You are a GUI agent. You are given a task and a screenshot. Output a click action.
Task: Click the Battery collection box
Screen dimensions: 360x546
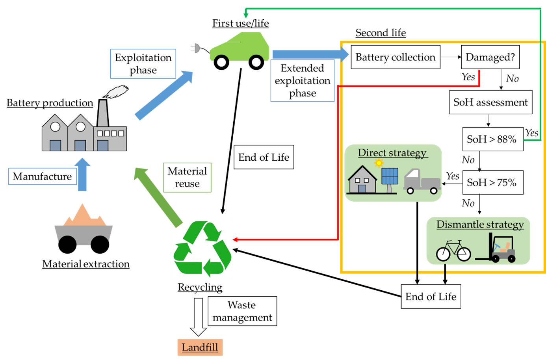click(x=395, y=57)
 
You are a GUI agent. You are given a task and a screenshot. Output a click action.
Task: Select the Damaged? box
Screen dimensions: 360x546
click(x=490, y=57)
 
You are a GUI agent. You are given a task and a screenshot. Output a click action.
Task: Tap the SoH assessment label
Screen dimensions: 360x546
click(x=490, y=102)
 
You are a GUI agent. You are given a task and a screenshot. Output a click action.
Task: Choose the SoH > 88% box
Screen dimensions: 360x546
click(x=492, y=139)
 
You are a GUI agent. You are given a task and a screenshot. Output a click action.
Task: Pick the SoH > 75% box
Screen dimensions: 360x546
click(x=492, y=182)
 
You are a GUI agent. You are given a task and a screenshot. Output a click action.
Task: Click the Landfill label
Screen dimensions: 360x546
click(x=200, y=347)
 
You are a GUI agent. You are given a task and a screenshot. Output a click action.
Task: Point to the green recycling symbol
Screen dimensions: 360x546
click(x=202, y=249)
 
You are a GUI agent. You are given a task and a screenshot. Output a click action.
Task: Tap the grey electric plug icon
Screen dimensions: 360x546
click(x=195, y=48)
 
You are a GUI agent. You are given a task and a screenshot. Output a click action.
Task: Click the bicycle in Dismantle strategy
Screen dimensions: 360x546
click(x=453, y=251)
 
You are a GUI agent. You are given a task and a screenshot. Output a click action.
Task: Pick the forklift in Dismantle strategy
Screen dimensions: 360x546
click(x=497, y=249)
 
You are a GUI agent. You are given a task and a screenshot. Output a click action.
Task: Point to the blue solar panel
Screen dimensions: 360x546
click(x=390, y=176)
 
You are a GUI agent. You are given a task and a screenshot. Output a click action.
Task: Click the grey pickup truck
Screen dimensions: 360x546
click(x=422, y=182)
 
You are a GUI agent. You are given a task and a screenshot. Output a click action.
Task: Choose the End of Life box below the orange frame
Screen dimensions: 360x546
click(x=431, y=297)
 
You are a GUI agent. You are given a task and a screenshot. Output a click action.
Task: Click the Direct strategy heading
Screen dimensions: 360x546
click(x=392, y=153)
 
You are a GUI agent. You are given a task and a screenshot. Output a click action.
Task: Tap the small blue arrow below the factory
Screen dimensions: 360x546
click(x=82, y=175)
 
